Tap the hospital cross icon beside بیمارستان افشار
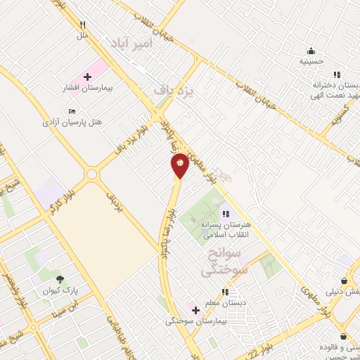click(x=87, y=77)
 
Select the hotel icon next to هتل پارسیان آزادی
click(x=72, y=111)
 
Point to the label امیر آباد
click(x=130, y=44)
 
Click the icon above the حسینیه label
click(x=311, y=50)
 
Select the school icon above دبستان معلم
click(x=225, y=292)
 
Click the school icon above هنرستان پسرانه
click(x=225, y=214)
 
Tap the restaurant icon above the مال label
click(x=83, y=23)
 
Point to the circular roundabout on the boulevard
click(x=91, y=174)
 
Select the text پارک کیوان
click(x=59, y=290)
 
